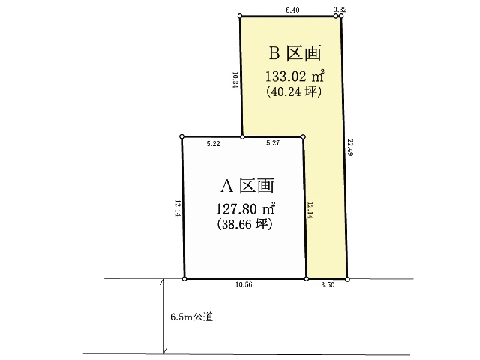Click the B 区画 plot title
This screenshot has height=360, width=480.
[295, 53]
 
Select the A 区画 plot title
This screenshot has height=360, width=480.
[247, 186]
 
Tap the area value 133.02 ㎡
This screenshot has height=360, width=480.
[295, 76]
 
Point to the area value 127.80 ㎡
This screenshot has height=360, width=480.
[245, 209]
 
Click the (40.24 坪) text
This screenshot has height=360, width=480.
[294, 91]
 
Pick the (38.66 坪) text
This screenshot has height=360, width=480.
[245, 224]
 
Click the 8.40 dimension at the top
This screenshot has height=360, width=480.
[292, 10]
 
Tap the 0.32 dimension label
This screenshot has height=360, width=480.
[340, 10]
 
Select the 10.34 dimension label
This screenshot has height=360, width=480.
[235, 80]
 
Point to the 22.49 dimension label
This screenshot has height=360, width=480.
[350, 147]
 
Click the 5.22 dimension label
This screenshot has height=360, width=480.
[213, 143]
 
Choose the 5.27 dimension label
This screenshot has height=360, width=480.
[273, 143]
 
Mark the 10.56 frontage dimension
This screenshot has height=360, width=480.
[244, 284]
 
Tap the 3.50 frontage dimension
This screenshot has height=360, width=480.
[328, 285]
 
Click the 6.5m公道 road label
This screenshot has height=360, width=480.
[192, 316]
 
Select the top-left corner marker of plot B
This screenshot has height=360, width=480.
[240, 16]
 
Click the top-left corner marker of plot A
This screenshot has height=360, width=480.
[181, 136]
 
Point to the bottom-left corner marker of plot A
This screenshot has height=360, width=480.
[184, 279]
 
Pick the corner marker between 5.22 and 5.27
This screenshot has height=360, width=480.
[242, 137]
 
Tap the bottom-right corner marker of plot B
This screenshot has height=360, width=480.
[347, 279]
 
